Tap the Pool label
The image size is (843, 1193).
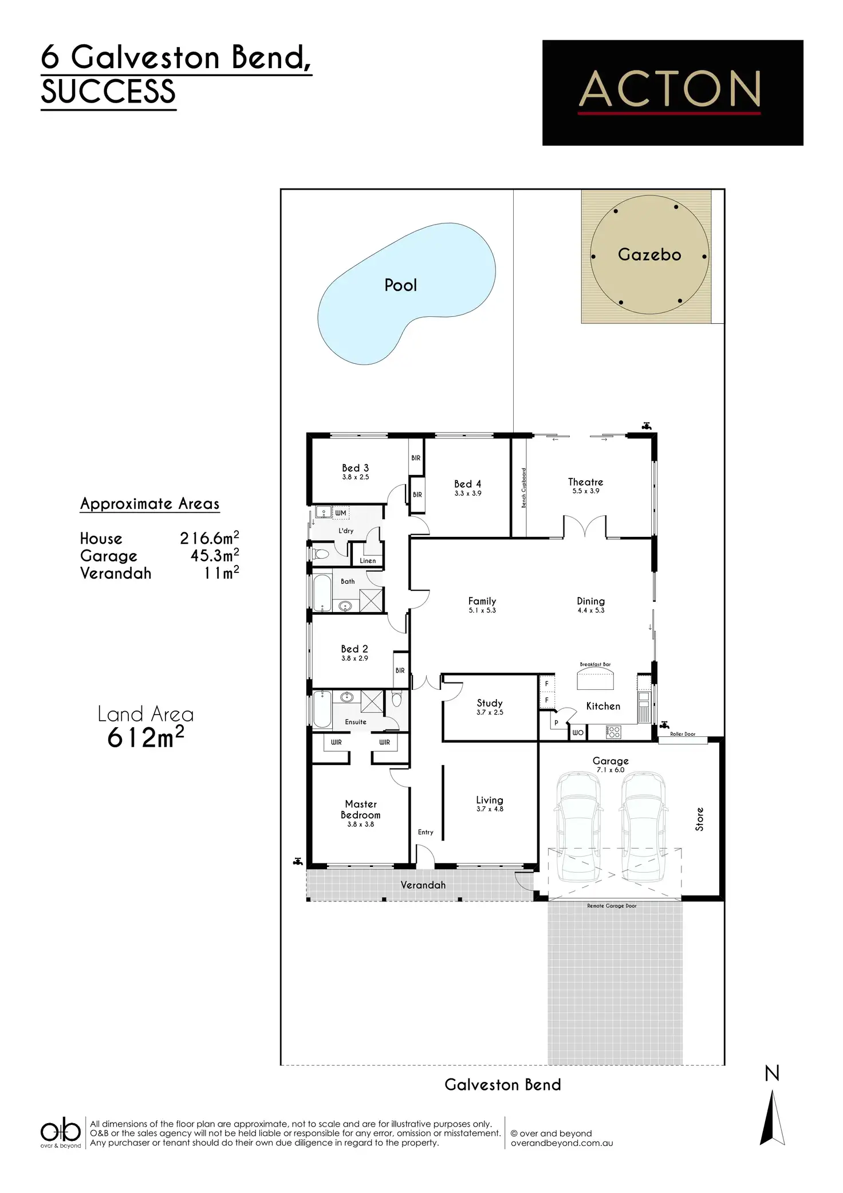pos(400,285)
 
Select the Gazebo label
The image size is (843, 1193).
pos(649,254)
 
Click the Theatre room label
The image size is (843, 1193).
pos(585,482)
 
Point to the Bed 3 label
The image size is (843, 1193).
pos(355,468)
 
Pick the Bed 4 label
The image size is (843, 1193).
pos(467,484)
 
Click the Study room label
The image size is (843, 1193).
pos(489,703)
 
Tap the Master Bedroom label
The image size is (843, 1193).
pos(360,809)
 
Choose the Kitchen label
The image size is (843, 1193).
pos(603,706)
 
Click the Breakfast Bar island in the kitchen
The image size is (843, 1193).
pos(595,681)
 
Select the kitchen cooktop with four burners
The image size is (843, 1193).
pos(613,732)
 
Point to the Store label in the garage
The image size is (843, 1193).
pos(699,819)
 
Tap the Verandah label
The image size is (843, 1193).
pos(423,885)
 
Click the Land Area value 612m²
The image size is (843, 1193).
pos(145,738)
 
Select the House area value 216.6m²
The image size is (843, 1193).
pos(209,538)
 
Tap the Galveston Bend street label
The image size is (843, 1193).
pos(502,1085)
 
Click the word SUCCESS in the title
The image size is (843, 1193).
pos(108,92)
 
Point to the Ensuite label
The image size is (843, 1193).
pos(355,722)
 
